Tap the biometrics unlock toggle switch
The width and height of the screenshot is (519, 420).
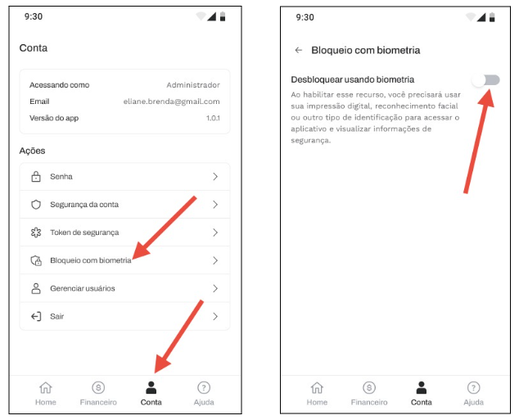coord(486,80)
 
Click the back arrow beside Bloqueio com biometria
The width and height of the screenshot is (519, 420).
coord(299,50)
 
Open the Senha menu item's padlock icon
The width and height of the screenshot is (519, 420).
coord(36,177)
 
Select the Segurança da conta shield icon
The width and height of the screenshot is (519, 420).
coord(36,205)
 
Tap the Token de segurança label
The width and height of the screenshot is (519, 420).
coord(84,233)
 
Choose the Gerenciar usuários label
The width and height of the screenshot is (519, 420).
coord(83,289)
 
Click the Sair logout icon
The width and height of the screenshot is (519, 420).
coord(36,316)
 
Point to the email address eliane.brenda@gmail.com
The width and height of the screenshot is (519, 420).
coord(171,102)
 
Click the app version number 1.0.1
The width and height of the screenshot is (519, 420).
coord(213,118)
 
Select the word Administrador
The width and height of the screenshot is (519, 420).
coord(193,85)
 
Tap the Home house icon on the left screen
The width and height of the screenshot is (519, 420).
coord(46,387)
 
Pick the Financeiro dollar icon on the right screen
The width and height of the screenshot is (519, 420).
coord(369,387)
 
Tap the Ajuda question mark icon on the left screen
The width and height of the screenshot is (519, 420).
coord(204,387)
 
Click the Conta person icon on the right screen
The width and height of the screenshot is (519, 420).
coord(422,387)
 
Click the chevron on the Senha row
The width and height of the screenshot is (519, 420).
coord(215,177)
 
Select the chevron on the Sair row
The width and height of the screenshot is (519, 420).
coord(215,316)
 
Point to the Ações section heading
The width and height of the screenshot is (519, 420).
coord(32,151)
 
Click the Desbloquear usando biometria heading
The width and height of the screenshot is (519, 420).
coord(353,79)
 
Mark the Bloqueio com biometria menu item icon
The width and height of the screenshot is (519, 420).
coord(36,260)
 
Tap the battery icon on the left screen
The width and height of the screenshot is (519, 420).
coord(223,16)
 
